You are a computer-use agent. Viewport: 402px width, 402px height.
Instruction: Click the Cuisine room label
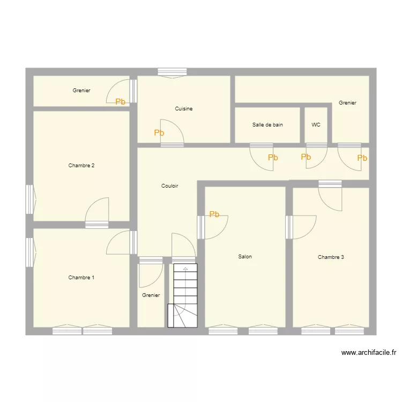(183, 109)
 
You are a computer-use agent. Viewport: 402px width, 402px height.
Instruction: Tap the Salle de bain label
(267, 125)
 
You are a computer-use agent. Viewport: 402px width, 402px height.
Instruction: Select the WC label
(316, 125)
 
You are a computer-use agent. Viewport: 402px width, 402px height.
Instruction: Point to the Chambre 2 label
(81, 166)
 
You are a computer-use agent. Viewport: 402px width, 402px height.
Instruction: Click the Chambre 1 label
(81, 278)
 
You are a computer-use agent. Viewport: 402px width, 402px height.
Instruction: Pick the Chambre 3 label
(331, 257)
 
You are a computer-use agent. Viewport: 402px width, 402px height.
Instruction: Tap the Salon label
(245, 257)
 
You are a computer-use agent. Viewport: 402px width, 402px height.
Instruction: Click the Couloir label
(169, 186)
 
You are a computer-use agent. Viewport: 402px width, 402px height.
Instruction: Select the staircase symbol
(183, 295)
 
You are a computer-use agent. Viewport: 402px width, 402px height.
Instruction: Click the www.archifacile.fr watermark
(368, 353)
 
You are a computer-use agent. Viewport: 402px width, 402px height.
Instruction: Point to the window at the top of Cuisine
(172, 72)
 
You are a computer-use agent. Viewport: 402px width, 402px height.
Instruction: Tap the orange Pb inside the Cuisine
(159, 133)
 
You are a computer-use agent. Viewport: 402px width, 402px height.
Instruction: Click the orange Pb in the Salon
(214, 214)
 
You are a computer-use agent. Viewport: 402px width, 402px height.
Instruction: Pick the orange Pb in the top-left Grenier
(120, 101)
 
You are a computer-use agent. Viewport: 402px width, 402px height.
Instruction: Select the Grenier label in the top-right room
(347, 103)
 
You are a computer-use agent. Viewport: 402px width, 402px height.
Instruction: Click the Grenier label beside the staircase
(151, 295)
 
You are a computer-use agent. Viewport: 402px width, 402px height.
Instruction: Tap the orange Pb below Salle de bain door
(273, 158)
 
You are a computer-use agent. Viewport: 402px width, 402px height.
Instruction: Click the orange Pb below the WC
(306, 157)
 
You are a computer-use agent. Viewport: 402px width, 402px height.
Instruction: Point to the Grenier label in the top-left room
(81, 91)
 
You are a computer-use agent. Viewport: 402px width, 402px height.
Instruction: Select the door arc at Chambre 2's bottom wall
(97, 209)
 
